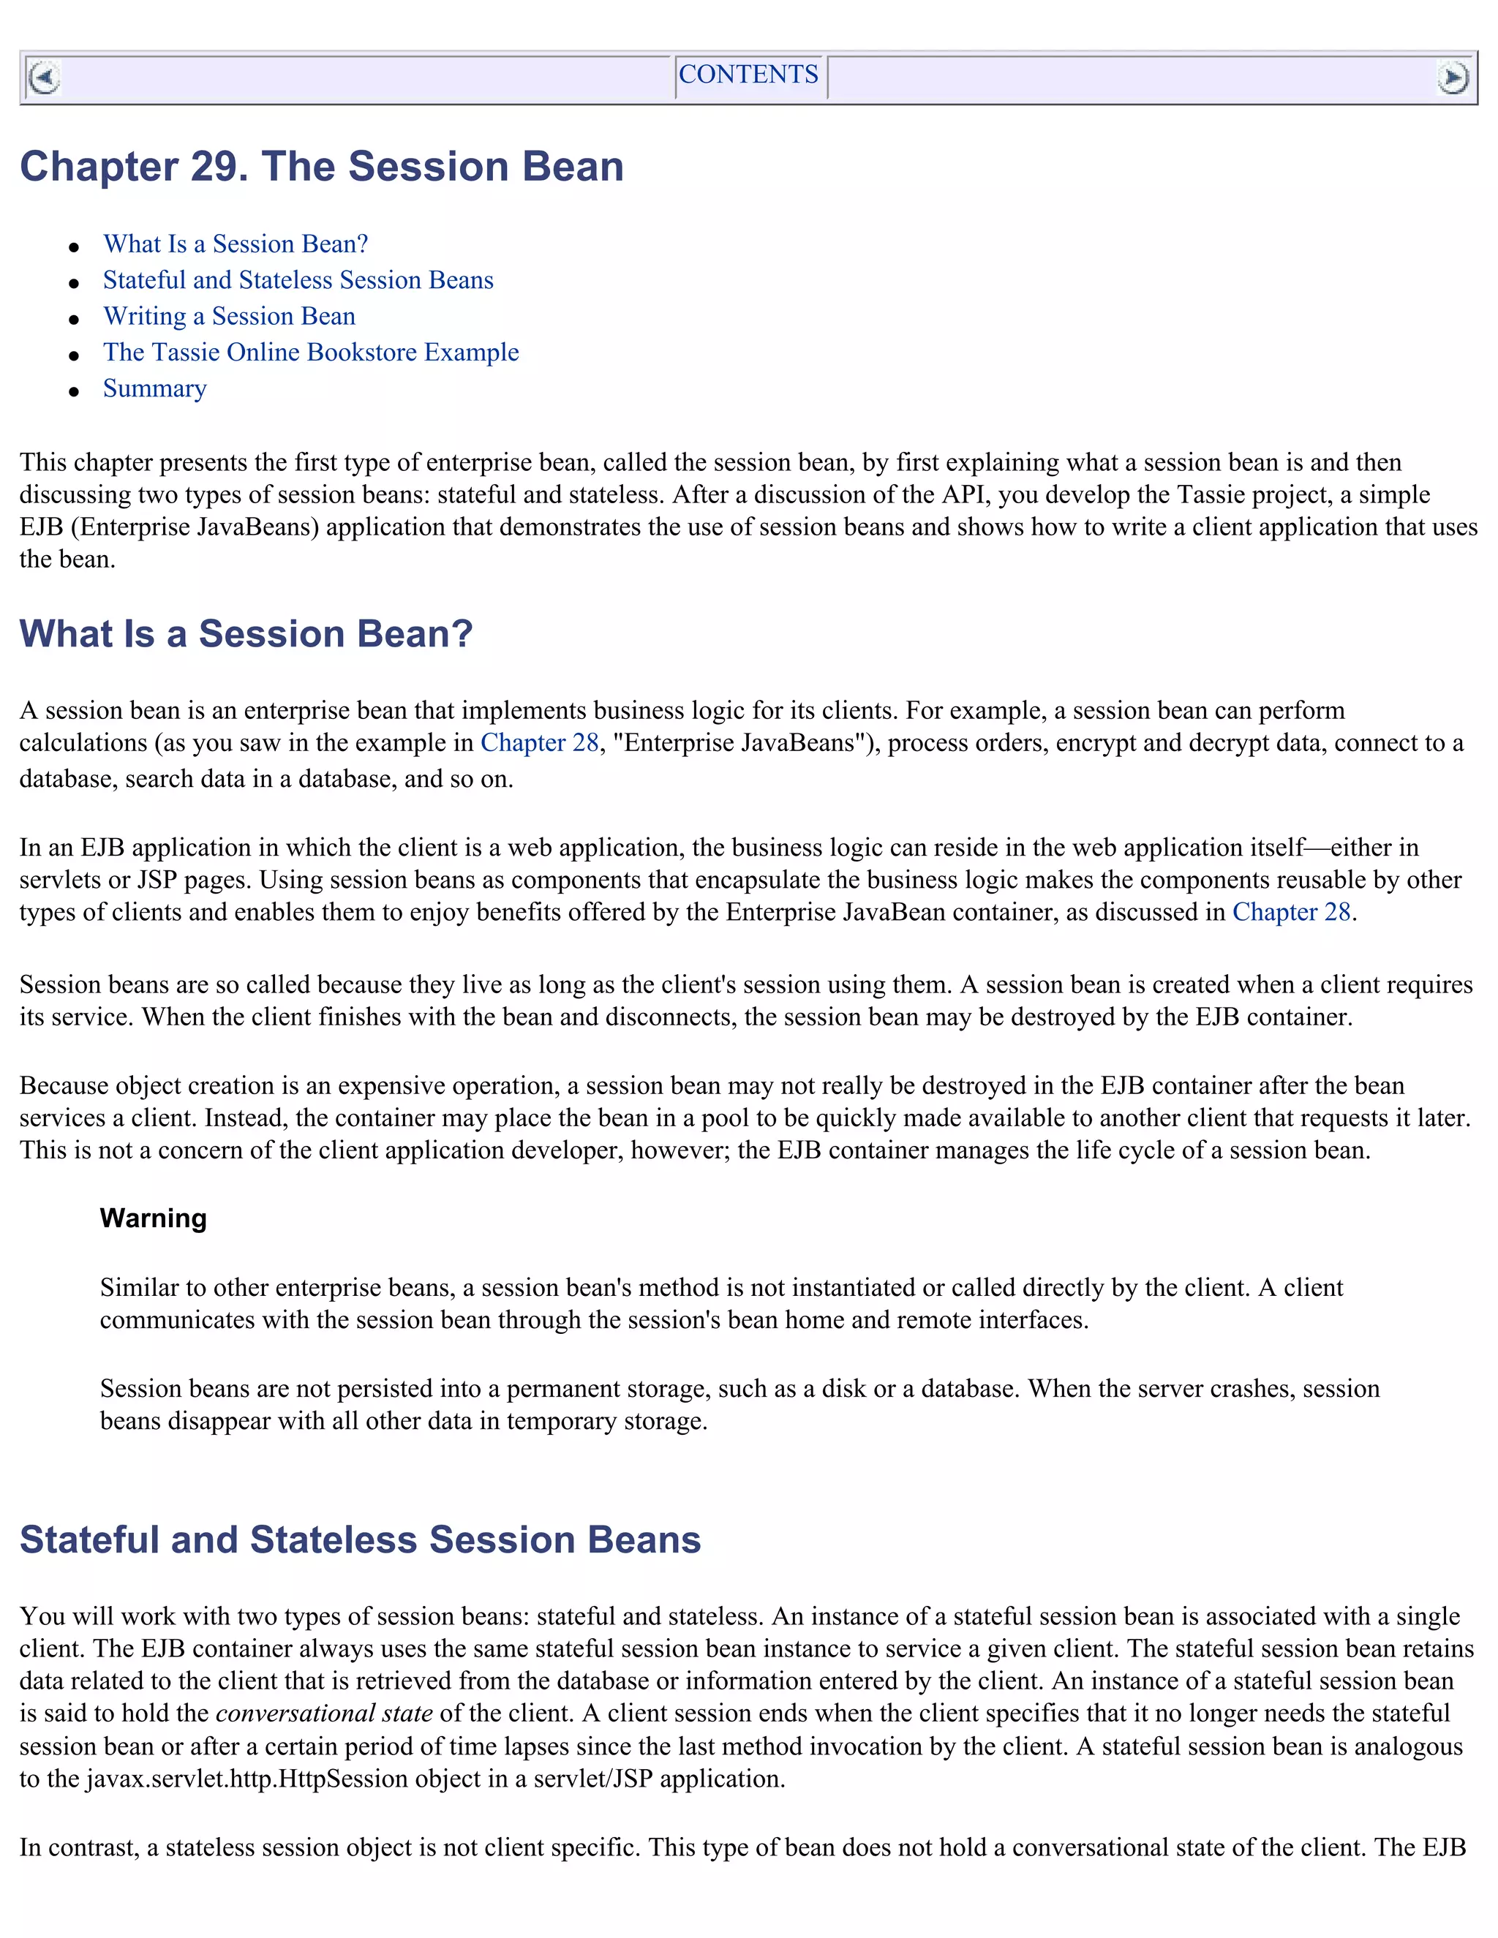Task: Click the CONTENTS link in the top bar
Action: (x=748, y=75)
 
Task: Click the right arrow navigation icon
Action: (x=1453, y=78)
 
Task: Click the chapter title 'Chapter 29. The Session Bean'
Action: (x=321, y=167)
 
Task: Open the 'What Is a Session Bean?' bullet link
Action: (x=236, y=244)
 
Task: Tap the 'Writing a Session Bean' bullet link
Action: (x=229, y=317)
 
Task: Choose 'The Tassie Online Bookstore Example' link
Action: (x=311, y=352)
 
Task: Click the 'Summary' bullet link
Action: (x=154, y=388)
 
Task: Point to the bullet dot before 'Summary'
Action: (x=75, y=391)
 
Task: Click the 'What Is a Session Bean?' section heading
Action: (x=246, y=633)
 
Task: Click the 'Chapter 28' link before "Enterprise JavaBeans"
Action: (x=540, y=743)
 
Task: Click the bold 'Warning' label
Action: (x=153, y=1218)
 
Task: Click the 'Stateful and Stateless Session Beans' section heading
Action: (x=359, y=1539)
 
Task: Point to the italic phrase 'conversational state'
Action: (x=324, y=1713)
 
